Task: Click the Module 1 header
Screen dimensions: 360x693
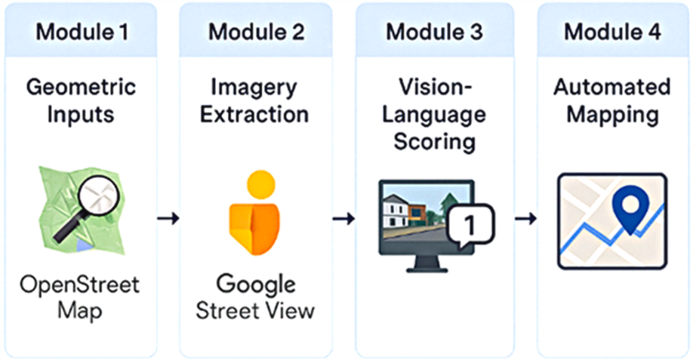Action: (x=82, y=32)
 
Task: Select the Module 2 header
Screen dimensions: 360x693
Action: (x=257, y=32)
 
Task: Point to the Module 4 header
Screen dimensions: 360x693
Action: (x=612, y=32)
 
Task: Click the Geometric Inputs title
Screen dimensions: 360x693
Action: (x=82, y=100)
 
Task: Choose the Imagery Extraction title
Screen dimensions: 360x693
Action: (x=257, y=100)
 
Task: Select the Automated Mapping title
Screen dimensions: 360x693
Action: (x=612, y=100)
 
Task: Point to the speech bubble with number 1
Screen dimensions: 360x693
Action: (x=470, y=223)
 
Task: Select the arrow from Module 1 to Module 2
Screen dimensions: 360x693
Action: (x=168, y=218)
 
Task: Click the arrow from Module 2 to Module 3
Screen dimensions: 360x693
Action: (x=343, y=218)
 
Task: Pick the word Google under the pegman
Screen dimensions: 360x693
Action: (x=257, y=285)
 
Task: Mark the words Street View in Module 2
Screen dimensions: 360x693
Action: (x=257, y=311)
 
